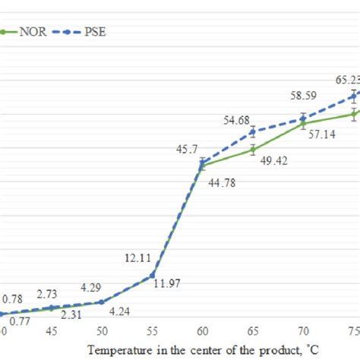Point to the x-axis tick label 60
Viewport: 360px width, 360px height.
[x=202, y=331]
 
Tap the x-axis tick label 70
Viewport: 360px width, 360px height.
[x=303, y=331]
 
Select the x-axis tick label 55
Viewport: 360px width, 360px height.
[x=152, y=331]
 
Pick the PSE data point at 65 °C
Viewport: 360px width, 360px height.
[x=253, y=131]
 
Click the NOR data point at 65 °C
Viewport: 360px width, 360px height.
[x=253, y=150]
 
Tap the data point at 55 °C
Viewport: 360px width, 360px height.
[x=152, y=275]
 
